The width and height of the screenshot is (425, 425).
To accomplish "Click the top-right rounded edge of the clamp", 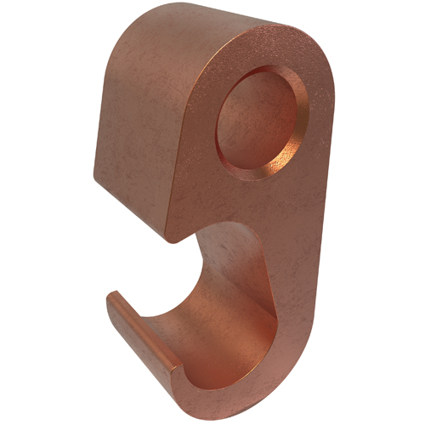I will (319, 51).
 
